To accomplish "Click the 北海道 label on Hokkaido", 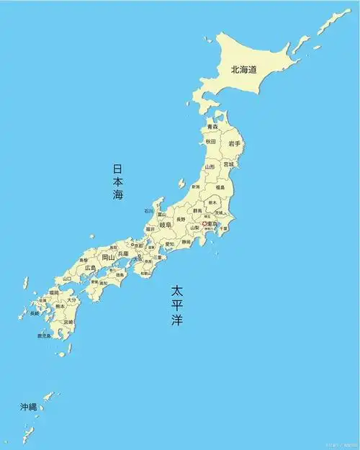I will point(243,70).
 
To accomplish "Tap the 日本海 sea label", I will point(118,181).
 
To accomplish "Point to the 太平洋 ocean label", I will point(177,305).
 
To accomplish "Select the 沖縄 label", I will point(27,408).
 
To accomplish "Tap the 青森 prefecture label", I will point(212,127).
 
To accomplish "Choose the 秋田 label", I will point(210,142).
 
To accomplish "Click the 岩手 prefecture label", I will point(234,144).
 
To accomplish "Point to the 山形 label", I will point(209,167).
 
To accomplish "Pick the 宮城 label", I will point(228,164).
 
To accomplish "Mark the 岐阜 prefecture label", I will point(166,225).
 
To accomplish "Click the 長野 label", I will point(181,218).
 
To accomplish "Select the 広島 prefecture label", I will point(90,268).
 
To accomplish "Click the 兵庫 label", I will point(124,253).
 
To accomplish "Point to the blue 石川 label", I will point(148,212).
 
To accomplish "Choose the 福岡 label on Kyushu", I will point(54,293).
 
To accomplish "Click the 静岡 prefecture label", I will point(186,243).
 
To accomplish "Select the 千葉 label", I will point(223,228).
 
